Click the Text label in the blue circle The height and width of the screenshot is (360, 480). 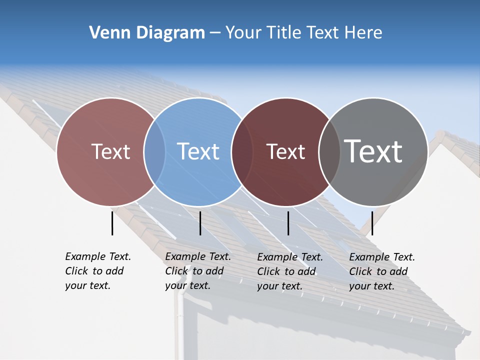coord(198,151)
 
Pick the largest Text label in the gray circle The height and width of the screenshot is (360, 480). coord(373,151)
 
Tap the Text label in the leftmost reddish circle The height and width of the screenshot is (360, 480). coord(111,151)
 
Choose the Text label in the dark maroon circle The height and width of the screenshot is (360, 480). coord(286,151)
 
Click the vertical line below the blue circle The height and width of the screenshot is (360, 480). coord(200,223)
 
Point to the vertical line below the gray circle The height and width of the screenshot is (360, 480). coord(372,223)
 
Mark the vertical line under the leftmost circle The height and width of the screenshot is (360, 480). coord(112,223)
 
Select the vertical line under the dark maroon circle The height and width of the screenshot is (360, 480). coord(288,223)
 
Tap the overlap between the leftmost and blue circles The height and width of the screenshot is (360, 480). coord(154,151)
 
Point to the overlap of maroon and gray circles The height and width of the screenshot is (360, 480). coord(329,151)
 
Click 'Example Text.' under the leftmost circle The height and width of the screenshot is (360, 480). coord(98,256)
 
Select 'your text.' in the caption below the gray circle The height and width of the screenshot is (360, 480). coord(371,286)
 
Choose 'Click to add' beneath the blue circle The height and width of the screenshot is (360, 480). coord(194,271)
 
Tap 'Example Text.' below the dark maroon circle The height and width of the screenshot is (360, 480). coord(290,257)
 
